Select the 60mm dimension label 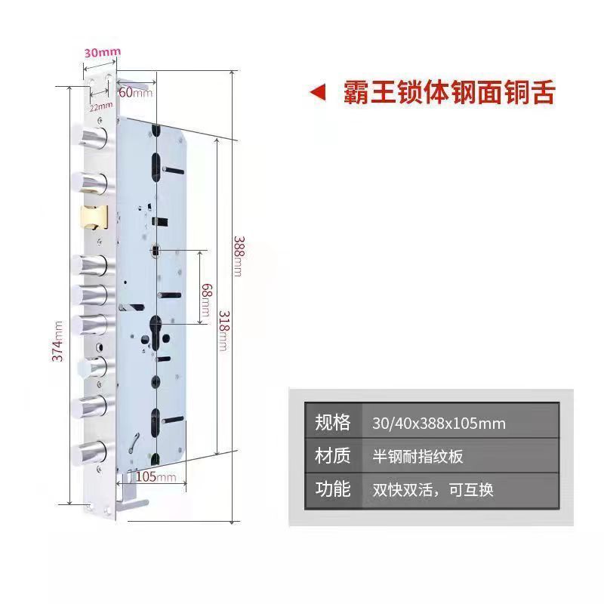coord(135,92)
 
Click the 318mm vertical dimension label coord(223,330)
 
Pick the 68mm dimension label coord(205,300)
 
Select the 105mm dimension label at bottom coord(156,476)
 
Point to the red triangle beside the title coord(319,93)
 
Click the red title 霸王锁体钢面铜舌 coord(449,92)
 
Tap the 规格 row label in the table coord(333,422)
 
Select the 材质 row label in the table coord(333,456)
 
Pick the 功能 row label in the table coord(333,489)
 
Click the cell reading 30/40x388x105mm coord(439,423)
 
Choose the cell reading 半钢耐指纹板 coord(418,457)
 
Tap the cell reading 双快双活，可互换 coord(433,490)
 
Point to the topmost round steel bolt coord(90,137)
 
